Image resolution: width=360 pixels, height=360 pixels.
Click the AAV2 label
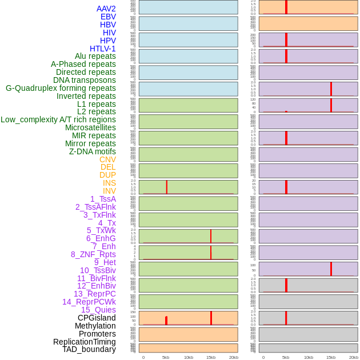click(x=106, y=9)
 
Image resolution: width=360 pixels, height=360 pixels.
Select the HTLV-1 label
click(x=102, y=49)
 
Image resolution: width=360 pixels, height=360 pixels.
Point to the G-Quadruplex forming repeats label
click(x=61, y=88)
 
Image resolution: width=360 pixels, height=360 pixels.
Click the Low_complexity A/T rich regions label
click(x=58, y=119)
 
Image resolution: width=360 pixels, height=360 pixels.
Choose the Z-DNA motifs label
click(x=92, y=151)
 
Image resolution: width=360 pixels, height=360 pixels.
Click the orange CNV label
click(x=107, y=159)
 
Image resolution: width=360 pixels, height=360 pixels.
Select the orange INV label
click(x=109, y=191)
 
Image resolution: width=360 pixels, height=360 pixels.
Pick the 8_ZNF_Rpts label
click(x=93, y=254)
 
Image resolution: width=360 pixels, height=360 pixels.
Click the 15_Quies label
click(x=98, y=310)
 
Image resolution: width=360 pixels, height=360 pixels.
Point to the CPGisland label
click(x=97, y=318)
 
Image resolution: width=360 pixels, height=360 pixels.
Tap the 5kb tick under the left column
click(x=166, y=357)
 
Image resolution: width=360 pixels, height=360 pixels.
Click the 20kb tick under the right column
click(x=354, y=357)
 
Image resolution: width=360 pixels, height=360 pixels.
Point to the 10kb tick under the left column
click(x=189, y=357)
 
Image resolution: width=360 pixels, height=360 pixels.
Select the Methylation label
click(x=95, y=326)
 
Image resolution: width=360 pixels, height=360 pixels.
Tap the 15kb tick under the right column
click(x=331, y=357)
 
